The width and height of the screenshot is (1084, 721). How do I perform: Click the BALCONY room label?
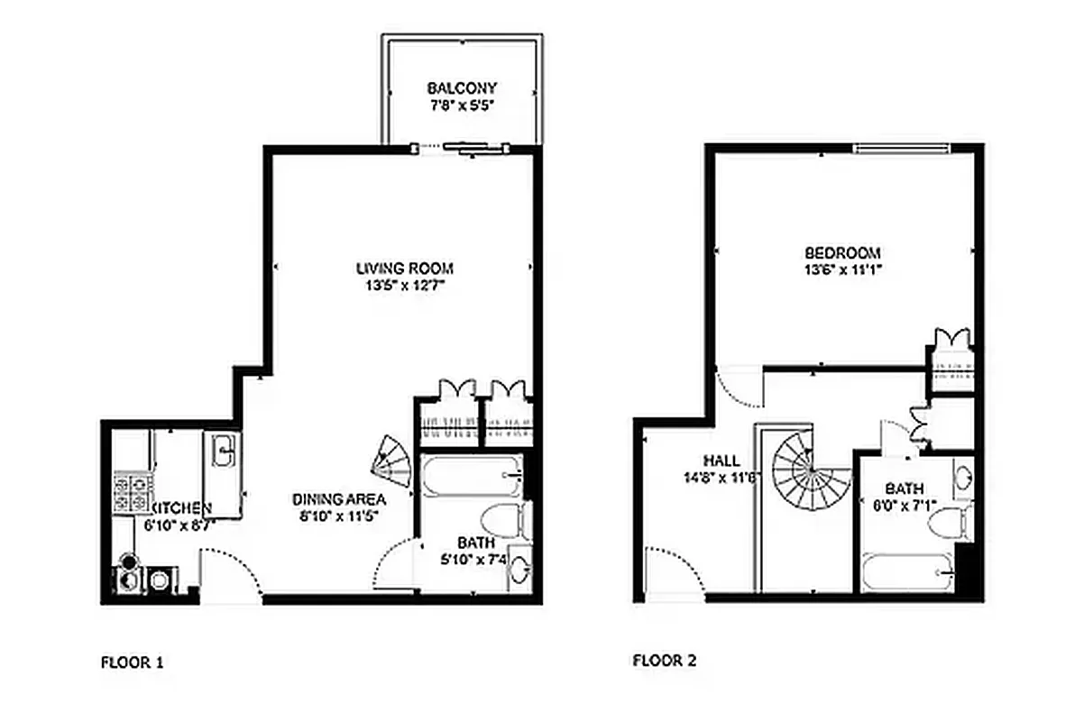click(462, 88)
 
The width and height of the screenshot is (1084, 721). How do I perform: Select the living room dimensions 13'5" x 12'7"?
click(403, 286)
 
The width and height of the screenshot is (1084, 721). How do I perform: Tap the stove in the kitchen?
click(131, 493)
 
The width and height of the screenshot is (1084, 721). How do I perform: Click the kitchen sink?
click(225, 449)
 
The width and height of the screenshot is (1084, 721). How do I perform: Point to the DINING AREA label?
click(338, 499)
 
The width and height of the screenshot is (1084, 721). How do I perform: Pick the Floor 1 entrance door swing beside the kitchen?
click(231, 576)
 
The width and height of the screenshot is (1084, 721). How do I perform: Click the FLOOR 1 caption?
click(132, 662)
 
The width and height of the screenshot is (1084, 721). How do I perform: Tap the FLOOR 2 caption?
click(664, 661)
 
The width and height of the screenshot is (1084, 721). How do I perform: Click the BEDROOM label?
click(842, 253)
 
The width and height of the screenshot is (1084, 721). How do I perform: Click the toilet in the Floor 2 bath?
click(953, 521)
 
